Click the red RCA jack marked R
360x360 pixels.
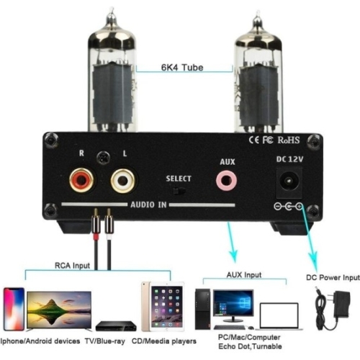(81, 180)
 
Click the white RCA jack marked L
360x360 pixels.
(122, 181)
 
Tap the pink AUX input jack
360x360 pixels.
(226, 181)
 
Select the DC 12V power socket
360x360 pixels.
(289, 183)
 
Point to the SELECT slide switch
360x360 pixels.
(179, 191)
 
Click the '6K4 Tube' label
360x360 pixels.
(182, 68)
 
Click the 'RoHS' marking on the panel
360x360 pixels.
(289, 140)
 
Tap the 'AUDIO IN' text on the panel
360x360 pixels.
(148, 204)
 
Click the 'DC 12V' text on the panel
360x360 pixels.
(289, 159)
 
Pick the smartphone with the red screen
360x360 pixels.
(14, 309)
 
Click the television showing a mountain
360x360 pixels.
(59, 311)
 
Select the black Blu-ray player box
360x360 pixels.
(116, 326)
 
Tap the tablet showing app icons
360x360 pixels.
(163, 307)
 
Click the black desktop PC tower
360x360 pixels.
(202, 309)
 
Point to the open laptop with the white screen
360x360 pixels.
(279, 316)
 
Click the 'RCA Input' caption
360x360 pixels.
(72, 266)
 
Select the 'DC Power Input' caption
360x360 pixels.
(333, 277)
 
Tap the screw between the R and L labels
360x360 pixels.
(103, 158)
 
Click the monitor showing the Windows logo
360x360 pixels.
(233, 306)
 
